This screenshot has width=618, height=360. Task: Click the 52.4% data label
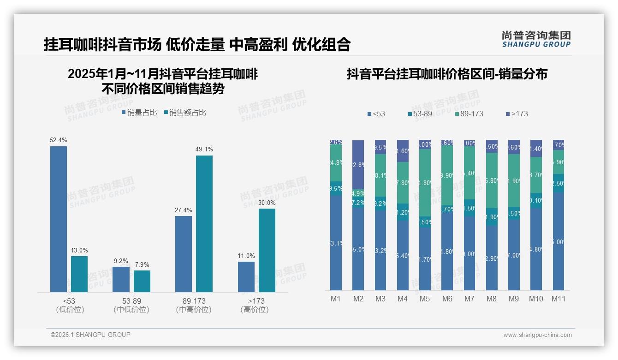(59, 140)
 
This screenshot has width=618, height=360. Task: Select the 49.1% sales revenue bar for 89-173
(204, 223)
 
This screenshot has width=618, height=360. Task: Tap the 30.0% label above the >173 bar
(267, 203)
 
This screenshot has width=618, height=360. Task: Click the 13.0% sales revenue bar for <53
(79, 274)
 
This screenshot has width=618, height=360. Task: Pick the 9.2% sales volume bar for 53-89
(121, 279)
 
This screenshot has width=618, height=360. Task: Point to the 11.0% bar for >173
(246, 277)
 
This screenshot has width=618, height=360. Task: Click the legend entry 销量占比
(139, 112)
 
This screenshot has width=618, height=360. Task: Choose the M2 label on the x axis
(358, 299)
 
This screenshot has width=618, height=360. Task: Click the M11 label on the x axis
(559, 299)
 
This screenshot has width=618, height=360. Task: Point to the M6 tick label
(447, 299)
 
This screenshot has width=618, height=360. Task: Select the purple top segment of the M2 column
(358, 164)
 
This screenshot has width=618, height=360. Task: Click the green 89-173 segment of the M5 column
(425, 183)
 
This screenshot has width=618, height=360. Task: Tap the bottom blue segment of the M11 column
(559, 241)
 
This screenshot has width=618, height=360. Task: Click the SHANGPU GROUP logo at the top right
(536, 39)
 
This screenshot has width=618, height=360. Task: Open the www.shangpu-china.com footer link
(537, 335)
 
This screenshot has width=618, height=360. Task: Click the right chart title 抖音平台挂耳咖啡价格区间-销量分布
(447, 74)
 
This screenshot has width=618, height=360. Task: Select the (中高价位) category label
(194, 310)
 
